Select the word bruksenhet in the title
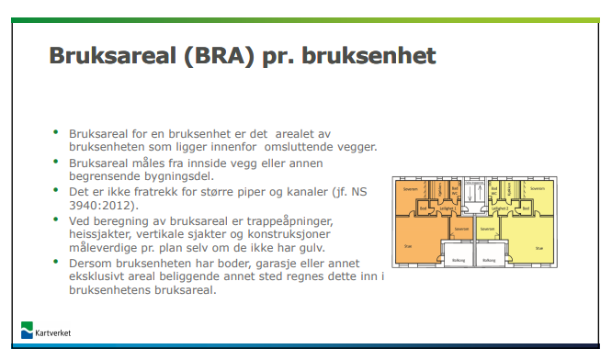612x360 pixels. click(x=374, y=57)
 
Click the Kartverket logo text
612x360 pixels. click(x=54, y=333)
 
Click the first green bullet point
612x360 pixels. click(x=56, y=133)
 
